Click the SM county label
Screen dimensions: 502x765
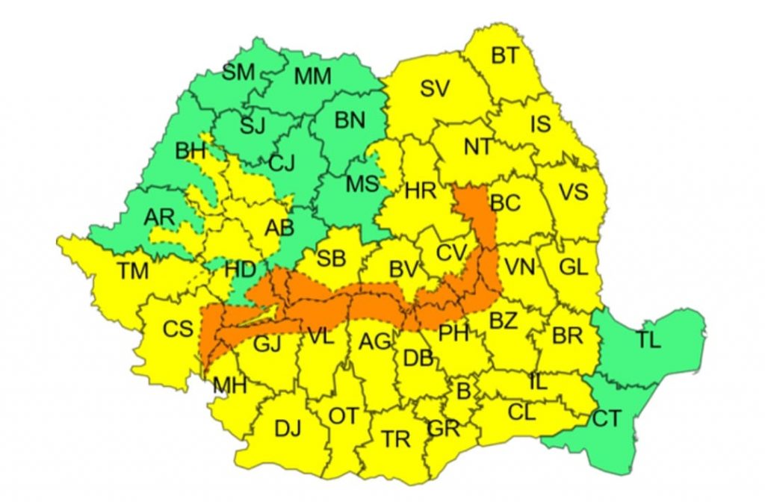(238, 72)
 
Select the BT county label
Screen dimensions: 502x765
(504, 55)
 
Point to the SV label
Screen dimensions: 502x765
(435, 90)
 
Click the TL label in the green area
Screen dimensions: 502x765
(648, 340)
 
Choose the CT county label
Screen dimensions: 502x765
(607, 419)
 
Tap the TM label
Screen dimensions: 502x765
(133, 270)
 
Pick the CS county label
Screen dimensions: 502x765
(179, 329)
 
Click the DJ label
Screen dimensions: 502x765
(288, 429)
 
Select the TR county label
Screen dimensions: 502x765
(395, 439)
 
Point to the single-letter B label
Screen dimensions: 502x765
(463, 391)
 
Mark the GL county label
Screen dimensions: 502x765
(573, 266)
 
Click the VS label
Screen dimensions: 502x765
(573, 192)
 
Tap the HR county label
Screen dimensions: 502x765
(421, 191)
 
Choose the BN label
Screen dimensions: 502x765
(350, 120)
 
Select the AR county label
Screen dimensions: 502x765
(158, 217)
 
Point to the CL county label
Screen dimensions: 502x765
(521, 412)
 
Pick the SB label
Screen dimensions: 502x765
(331, 258)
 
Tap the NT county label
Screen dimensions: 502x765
(477, 147)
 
